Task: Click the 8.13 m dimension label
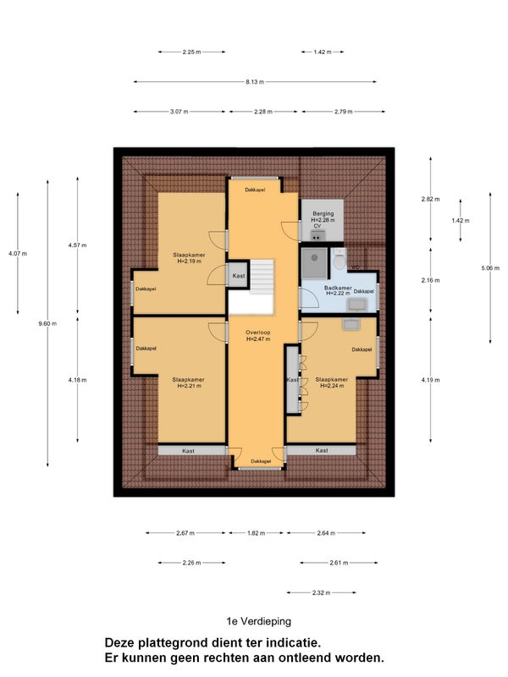click(x=255, y=81)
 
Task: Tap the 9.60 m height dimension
click(x=47, y=323)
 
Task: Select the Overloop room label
click(x=258, y=333)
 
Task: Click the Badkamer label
click(x=338, y=288)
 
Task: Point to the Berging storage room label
click(x=323, y=213)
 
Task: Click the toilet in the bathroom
click(x=340, y=260)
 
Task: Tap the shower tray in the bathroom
click(x=314, y=263)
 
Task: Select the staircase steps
click(x=262, y=277)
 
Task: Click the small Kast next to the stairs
click(x=239, y=276)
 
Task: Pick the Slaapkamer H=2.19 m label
click(x=189, y=258)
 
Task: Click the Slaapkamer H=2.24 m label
click(x=332, y=383)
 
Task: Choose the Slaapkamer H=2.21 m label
click(x=188, y=383)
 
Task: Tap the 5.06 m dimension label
click(x=490, y=267)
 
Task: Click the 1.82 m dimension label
click(x=257, y=533)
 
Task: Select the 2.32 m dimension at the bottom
click(x=322, y=593)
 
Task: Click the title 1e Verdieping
click(x=259, y=621)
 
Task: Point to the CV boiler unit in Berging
click(x=318, y=236)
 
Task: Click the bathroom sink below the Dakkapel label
click(x=357, y=305)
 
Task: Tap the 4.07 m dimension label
click(x=18, y=253)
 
